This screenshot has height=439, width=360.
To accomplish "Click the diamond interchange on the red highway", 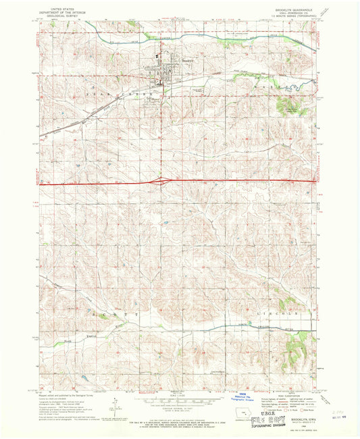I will pyautogui.click(x=162, y=180).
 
